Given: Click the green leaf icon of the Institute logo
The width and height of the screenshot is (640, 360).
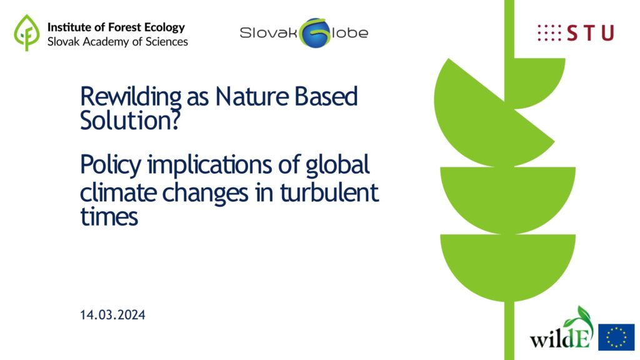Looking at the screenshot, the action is [x=27, y=32].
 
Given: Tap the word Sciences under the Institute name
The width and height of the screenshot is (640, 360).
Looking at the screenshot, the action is [x=166, y=42].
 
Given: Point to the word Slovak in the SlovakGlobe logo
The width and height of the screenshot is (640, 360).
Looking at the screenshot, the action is [x=269, y=32].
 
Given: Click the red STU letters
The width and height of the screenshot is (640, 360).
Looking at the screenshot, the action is [x=590, y=33].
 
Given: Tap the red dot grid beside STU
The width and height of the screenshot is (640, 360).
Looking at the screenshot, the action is [x=549, y=33].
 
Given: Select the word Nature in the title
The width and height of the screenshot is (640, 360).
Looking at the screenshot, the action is [x=251, y=97].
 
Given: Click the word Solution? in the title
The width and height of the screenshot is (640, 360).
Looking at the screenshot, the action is [x=130, y=121].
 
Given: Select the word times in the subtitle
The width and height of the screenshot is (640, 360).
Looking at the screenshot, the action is [x=109, y=217].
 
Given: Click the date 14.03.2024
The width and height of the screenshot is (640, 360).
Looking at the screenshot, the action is [x=112, y=315].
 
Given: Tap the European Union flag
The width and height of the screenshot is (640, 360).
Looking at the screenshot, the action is [x=616, y=337].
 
